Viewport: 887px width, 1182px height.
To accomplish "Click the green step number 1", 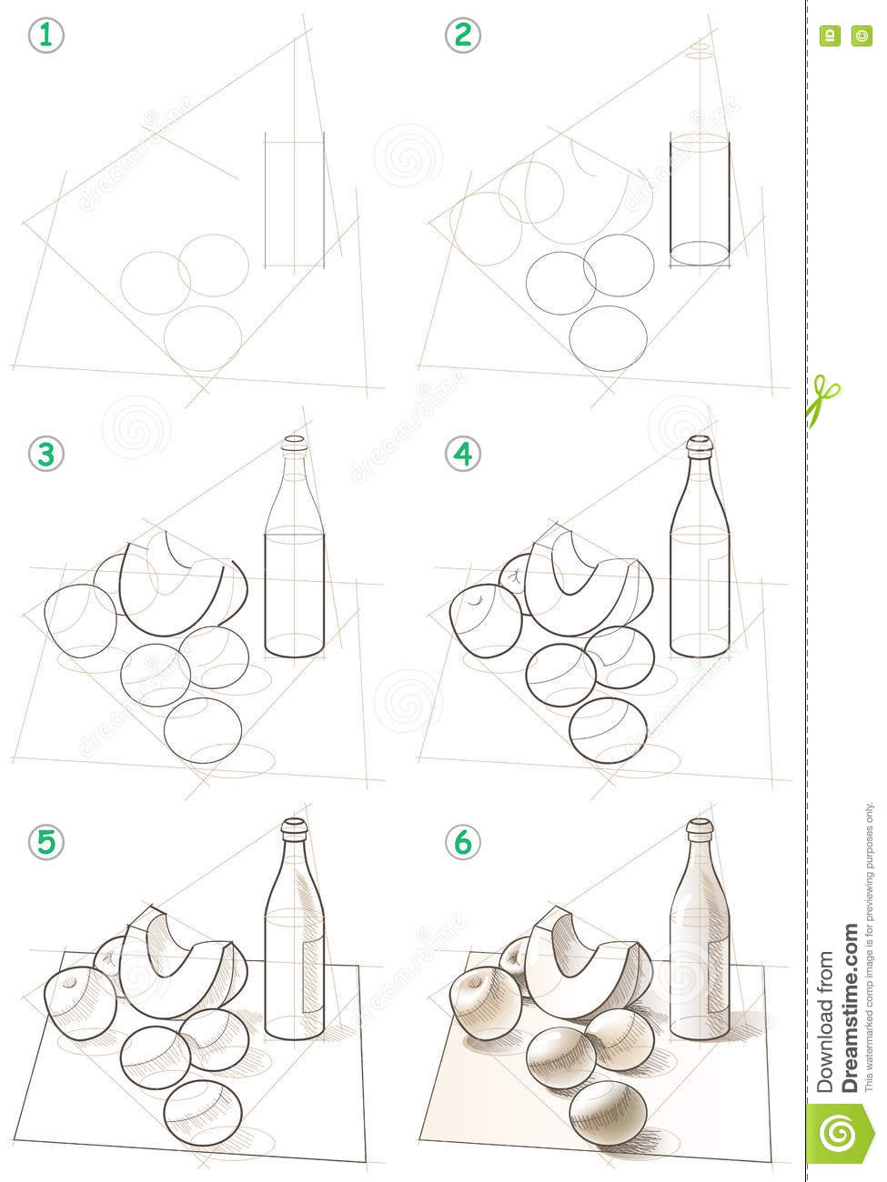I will click(x=45, y=35).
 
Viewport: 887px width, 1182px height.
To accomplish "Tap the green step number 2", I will click(x=463, y=35).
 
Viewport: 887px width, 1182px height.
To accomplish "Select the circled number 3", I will click(x=45, y=452).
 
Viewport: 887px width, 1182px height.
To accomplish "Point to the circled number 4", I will click(x=463, y=452).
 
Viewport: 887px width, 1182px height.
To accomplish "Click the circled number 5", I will click(x=45, y=842).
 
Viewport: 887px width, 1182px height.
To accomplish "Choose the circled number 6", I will click(x=463, y=842).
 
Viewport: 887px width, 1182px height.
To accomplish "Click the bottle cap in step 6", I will click(x=698, y=829).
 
